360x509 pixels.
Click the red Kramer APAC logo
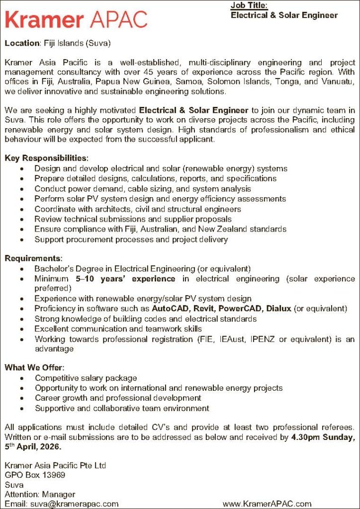[76, 19]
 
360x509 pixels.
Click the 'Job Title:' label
[249, 5]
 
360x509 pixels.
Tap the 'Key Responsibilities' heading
[46, 158]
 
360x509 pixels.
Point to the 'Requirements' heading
[33, 258]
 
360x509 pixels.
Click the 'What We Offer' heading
[34, 368]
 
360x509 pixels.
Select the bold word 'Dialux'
[279, 309]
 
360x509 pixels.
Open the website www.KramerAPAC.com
[267, 504]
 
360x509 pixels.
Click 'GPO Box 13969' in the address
[35, 475]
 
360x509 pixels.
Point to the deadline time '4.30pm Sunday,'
[323, 437]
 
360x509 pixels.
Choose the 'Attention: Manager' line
[40, 494]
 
